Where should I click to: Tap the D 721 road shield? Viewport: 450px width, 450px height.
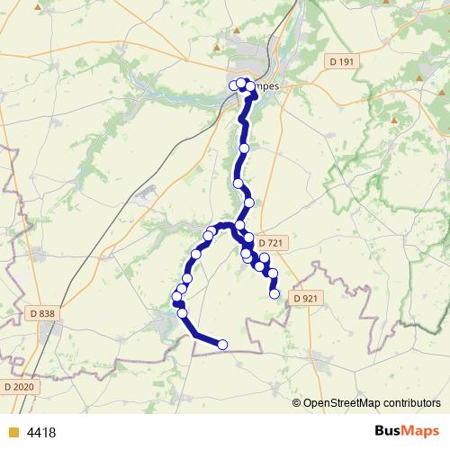(x=271, y=244)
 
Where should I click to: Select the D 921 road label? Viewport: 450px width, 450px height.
(x=308, y=297)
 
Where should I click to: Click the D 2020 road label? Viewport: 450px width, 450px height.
(x=18, y=386)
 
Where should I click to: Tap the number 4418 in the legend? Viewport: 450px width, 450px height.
(x=41, y=432)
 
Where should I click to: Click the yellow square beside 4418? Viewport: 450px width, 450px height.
(x=13, y=432)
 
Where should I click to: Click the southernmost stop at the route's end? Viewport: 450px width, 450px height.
(x=222, y=344)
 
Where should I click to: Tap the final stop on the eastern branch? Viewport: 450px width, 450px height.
(x=274, y=293)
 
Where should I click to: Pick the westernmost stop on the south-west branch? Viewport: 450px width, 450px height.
(x=176, y=297)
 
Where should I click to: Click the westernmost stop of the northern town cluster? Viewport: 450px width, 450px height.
(x=234, y=85)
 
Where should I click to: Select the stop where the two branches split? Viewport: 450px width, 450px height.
(x=240, y=225)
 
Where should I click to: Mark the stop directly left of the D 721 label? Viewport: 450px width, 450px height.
(x=249, y=239)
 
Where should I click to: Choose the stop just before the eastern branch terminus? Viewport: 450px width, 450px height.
(x=273, y=274)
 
